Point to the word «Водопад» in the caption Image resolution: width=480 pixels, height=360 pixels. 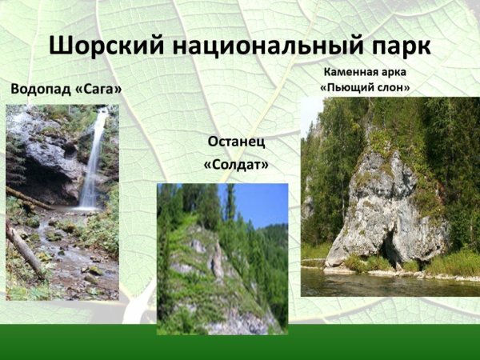pos(40,88)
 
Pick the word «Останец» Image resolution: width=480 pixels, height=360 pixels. pos(236,142)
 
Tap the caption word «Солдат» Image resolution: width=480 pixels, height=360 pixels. pos(236,165)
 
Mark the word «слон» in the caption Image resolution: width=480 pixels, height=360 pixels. pos(397,87)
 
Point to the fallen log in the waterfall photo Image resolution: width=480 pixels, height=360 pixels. pos(24,248)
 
